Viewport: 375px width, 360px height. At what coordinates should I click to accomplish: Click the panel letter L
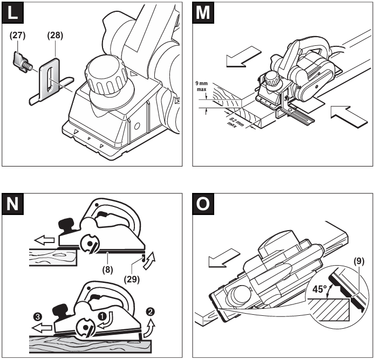pos(13,13)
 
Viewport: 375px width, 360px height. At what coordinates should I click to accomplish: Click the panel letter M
pos(203,13)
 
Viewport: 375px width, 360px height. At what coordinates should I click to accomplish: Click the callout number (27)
pos(18,37)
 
